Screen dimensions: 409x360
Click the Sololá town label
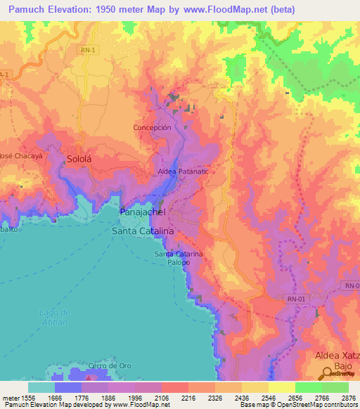(x=79, y=160)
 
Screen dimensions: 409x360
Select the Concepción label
(x=152, y=128)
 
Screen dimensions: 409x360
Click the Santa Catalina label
(x=143, y=230)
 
